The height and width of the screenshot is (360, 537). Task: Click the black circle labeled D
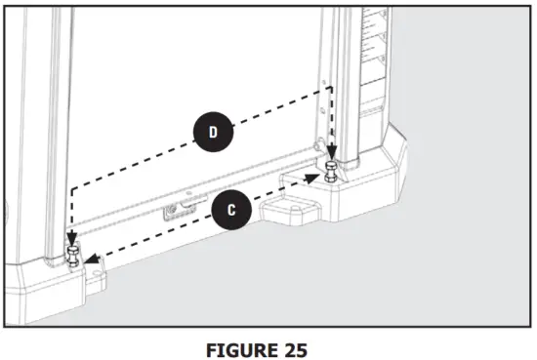[212, 133]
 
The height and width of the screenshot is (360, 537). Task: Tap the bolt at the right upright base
[332, 176]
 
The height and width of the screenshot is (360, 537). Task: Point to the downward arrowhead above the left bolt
[71, 239]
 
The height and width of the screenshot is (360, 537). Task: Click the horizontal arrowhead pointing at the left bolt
[90, 260]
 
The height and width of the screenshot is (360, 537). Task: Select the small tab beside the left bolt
[96, 278]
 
